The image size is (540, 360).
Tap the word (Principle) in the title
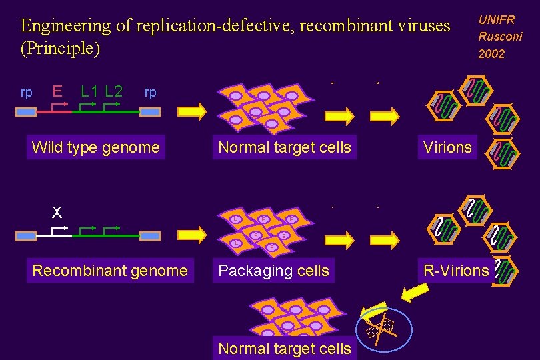(x=60, y=49)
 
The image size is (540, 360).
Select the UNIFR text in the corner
(x=497, y=21)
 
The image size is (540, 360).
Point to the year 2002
(x=491, y=54)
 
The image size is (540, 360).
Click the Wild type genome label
(x=96, y=147)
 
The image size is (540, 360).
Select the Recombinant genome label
(x=110, y=271)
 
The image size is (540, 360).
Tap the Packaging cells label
(x=273, y=271)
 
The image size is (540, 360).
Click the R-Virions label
(x=456, y=271)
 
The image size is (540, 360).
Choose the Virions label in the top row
(x=447, y=147)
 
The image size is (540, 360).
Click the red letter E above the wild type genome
(x=58, y=91)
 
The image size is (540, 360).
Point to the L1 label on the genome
(x=91, y=91)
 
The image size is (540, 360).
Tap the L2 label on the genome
(x=114, y=91)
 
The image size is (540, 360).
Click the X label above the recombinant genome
(x=57, y=213)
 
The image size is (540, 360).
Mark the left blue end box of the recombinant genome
(x=26, y=236)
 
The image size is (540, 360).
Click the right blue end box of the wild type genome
(x=150, y=112)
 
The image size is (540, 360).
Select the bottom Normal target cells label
(x=285, y=349)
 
